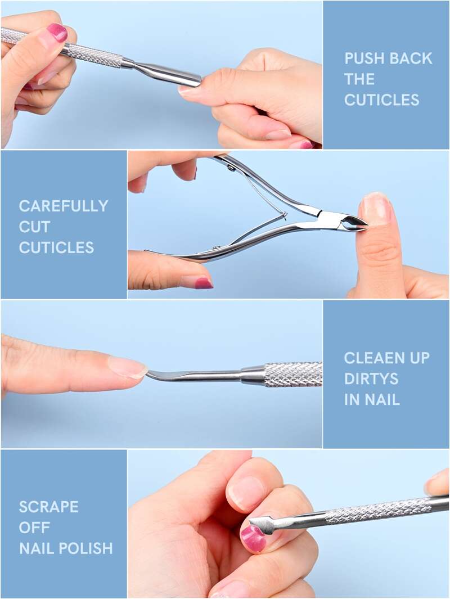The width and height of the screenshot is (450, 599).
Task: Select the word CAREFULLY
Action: click(x=64, y=206)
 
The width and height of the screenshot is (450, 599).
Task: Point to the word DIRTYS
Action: click(x=366, y=379)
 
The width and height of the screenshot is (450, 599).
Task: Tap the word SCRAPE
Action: click(x=48, y=507)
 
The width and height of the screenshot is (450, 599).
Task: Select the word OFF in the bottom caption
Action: click(x=34, y=528)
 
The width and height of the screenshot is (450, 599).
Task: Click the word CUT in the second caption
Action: click(x=34, y=227)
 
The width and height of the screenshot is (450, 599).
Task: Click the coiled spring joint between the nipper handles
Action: click(x=283, y=216)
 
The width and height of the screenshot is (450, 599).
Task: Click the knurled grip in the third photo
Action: click(x=293, y=375)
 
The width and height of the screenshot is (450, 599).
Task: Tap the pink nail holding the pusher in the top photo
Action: click(x=57, y=33)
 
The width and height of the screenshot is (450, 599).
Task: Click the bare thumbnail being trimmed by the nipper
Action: click(x=376, y=209)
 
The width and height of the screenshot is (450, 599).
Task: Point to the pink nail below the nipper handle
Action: click(x=204, y=283)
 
